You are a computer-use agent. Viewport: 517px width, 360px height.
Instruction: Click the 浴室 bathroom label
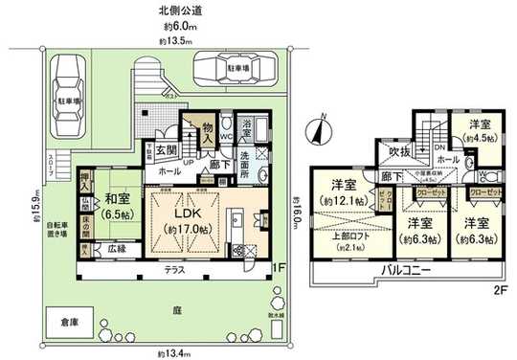click(x=245, y=124)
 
